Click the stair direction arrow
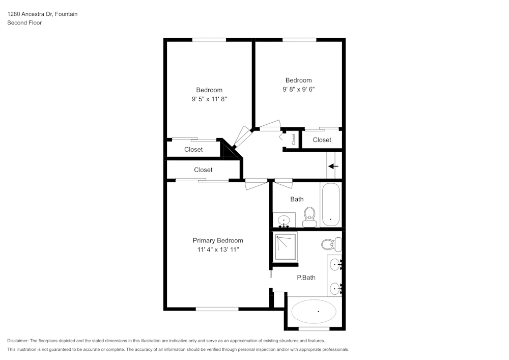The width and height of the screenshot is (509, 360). (x=333, y=166)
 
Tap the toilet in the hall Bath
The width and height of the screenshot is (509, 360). (x=309, y=217)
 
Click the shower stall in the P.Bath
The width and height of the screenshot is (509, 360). (x=286, y=247)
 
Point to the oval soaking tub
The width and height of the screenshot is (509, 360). (x=314, y=311)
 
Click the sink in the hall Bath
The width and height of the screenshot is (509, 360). (x=283, y=220)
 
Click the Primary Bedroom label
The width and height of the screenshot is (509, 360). (x=217, y=240)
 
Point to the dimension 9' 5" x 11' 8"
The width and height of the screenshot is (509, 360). (x=209, y=99)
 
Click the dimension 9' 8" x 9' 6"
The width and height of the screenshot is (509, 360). (x=298, y=89)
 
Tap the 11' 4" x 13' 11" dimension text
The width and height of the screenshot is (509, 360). (x=217, y=250)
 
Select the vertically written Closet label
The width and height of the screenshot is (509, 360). (x=294, y=139)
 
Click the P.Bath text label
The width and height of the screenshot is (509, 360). (x=306, y=278)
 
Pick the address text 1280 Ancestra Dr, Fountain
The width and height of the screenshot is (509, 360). (x=42, y=14)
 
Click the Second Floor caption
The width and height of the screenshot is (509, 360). (x=24, y=23)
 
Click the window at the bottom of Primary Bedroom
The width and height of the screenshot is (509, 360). (x=217, y=309)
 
